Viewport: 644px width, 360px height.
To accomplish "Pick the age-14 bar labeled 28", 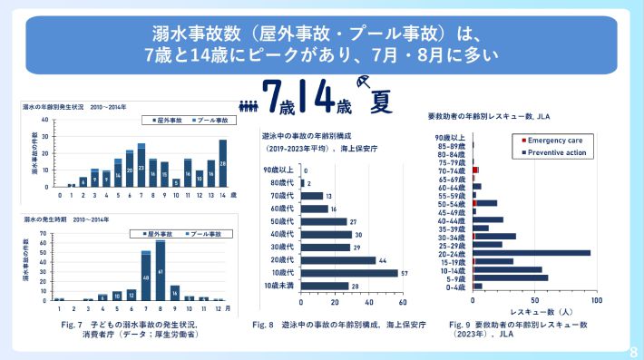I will point(222,163).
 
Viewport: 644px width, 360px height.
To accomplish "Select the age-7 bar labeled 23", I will point(141,170).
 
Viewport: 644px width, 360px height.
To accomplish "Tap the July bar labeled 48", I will point(145,277).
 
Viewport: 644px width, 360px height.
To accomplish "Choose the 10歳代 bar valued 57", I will point(348,273).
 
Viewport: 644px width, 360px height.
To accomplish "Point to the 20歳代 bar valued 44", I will point(337,260).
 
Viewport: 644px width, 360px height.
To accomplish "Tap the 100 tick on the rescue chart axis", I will point(596,300).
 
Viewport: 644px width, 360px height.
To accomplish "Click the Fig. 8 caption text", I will point(327,325).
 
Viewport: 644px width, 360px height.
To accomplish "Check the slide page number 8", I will point(633,350).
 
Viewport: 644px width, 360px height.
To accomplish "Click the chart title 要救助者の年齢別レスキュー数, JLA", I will point(489,116).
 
